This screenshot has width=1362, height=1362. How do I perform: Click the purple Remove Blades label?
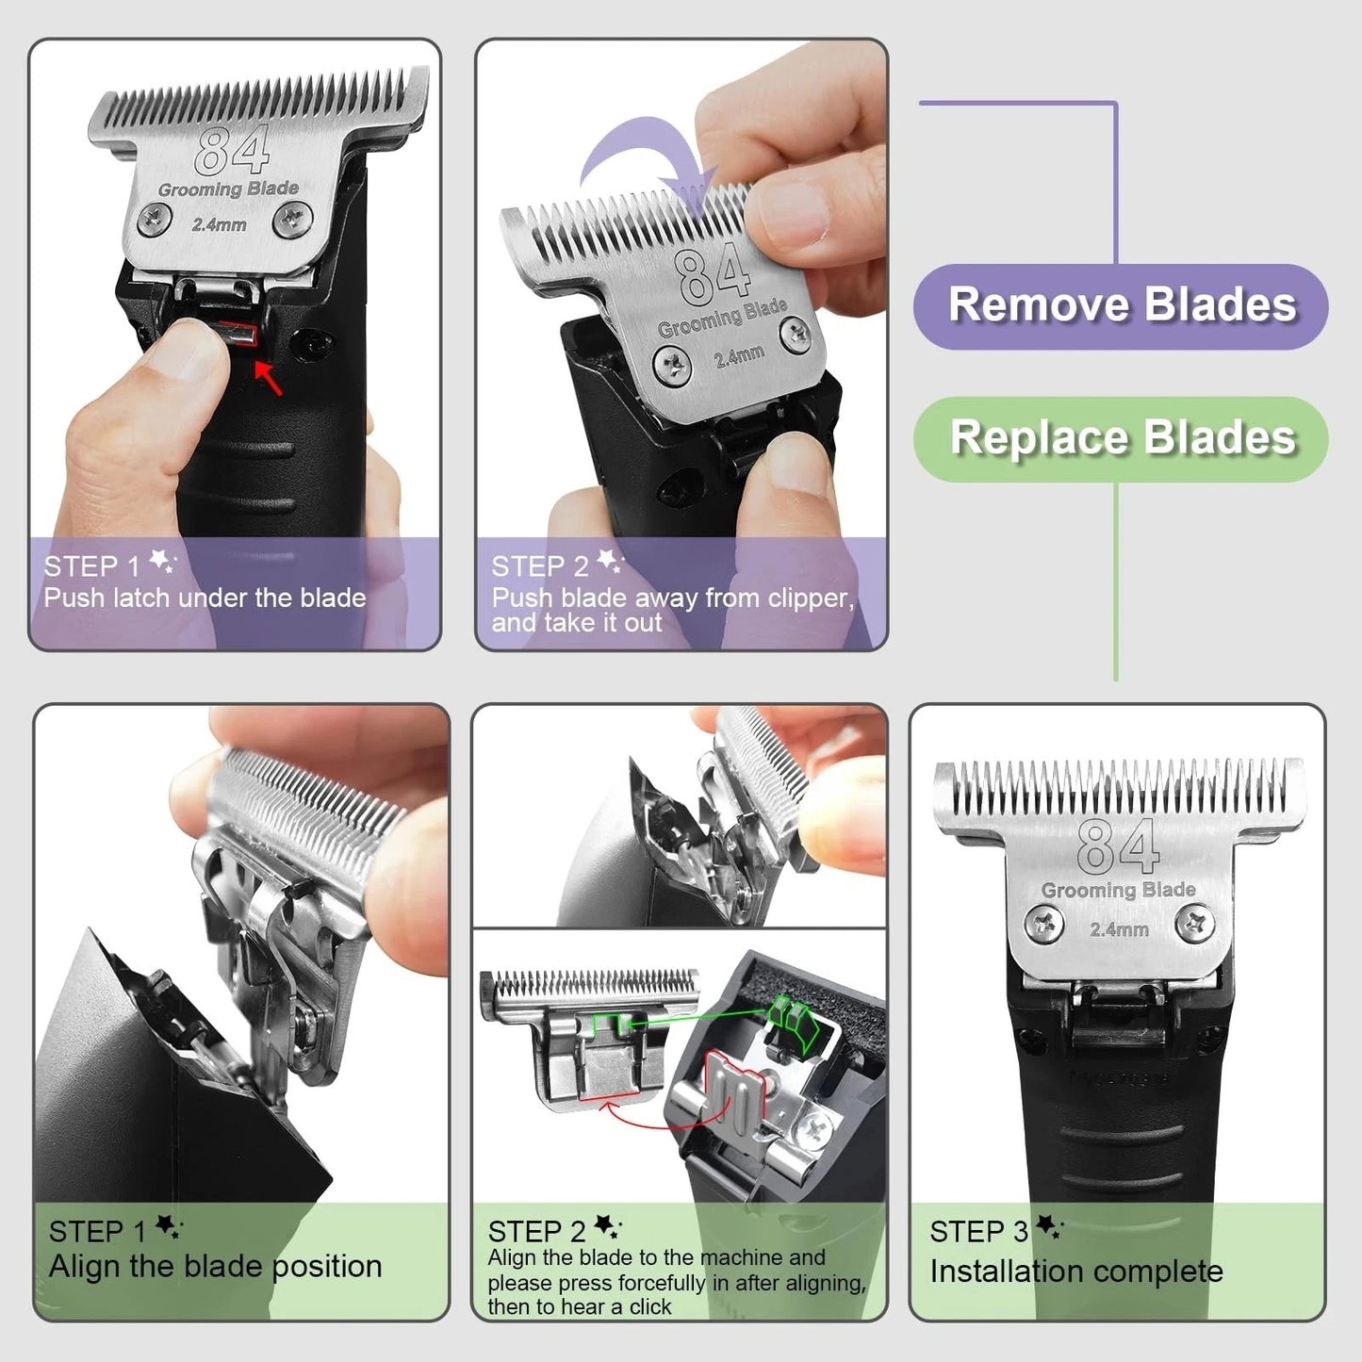click(x=1121, y=305)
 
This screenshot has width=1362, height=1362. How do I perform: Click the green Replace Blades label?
click(x=1121, y=438)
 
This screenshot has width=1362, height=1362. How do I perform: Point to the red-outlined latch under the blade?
click(x=239, y=335)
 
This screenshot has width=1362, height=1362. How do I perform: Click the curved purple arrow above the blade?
click(x=641, y=160)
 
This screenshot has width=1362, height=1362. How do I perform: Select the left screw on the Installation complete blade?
click(x=1043, y=923)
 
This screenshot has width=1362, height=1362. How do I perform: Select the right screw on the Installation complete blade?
click(x=1195, y=923)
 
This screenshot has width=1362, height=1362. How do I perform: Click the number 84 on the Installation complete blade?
click(x=1117, y=846)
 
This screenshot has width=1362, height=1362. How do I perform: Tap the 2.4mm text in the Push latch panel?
click(x=219, y=225)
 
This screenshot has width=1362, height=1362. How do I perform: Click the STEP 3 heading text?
click(x=978, y=1231)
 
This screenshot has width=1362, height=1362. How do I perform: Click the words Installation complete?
click(x=1075, y=1272)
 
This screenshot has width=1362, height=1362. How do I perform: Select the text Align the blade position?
click(x=215, y=1266)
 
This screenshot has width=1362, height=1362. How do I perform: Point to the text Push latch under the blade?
click(x=205, y=598)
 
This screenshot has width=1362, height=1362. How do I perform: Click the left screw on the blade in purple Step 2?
click(x=672, y=364)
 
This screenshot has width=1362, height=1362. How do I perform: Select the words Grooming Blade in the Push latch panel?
click(x=228, y=189)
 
